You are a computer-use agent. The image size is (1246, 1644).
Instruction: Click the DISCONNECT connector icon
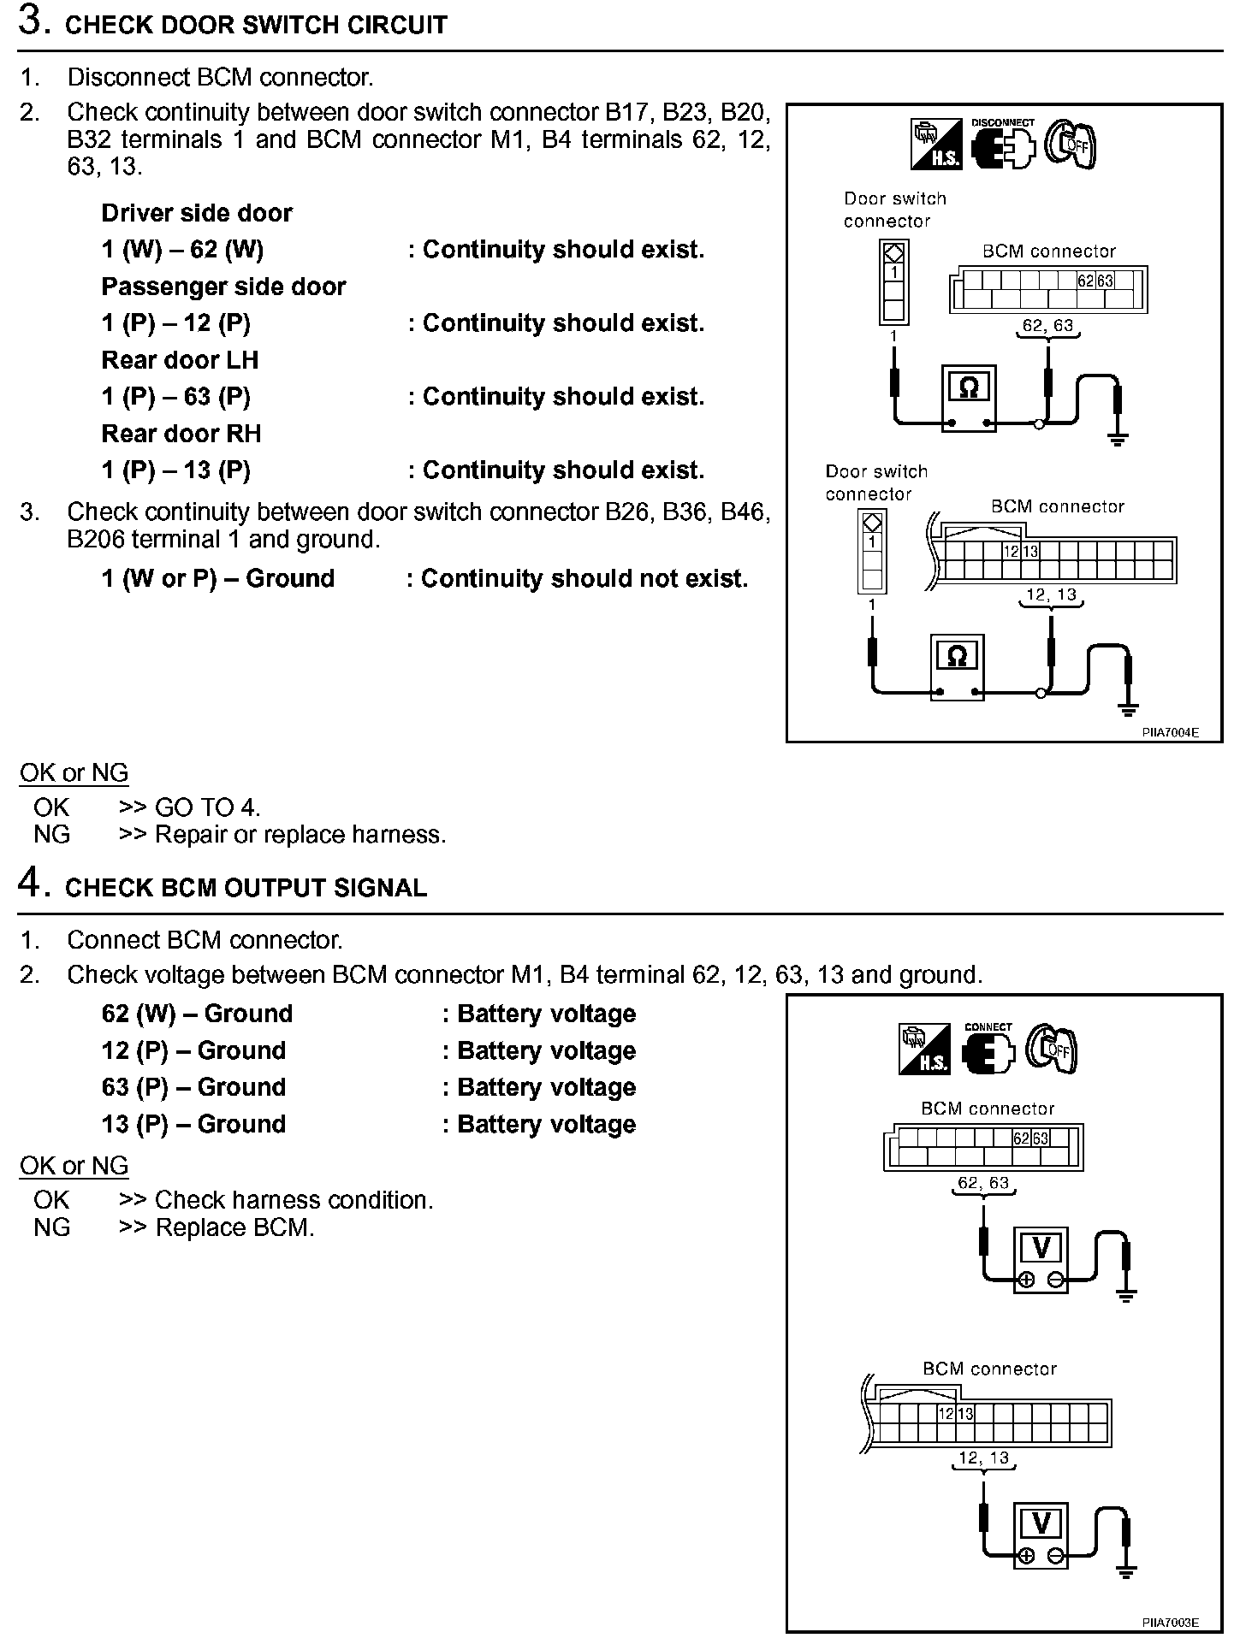[1003, 145]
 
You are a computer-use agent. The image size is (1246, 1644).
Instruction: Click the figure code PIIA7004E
[1170, 732]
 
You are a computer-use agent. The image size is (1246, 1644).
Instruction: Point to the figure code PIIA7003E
[1170, 1623]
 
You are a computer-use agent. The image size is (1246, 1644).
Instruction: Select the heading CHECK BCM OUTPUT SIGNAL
[246, 888]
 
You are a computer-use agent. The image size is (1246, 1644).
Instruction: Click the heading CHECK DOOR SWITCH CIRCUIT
[256, 25]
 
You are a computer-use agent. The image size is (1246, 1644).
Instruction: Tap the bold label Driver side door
[197, 213]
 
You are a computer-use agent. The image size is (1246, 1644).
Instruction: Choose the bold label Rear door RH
[181, 434]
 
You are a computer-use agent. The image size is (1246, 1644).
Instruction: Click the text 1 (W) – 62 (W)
[182, 250]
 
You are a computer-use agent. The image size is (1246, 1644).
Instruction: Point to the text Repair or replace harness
[300, 834]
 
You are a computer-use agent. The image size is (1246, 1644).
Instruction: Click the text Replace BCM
[234, 1227]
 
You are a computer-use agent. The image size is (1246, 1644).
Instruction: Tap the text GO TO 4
[207, 807]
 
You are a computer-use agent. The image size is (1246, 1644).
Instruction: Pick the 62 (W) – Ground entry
[197, 1014]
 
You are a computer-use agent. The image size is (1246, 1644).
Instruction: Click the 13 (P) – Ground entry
[193, 1124]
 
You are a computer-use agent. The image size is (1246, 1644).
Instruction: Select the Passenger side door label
[223, 287]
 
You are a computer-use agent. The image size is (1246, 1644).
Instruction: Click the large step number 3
[31, 21]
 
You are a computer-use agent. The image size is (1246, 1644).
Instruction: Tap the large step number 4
[31, 884]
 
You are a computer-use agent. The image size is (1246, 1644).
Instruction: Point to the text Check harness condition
[294, 1200]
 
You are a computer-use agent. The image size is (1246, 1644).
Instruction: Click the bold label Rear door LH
[180, 360]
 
